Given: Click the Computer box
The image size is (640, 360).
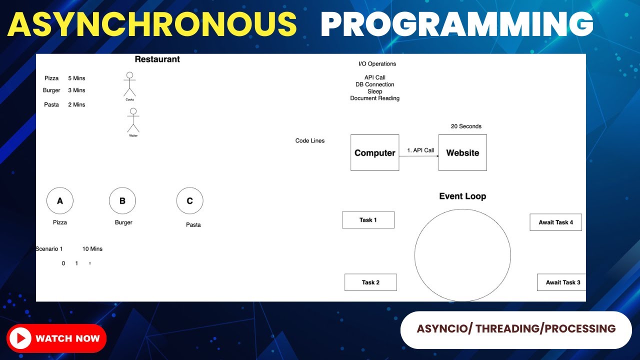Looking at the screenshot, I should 374,152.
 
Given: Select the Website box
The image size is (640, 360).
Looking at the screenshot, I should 462,152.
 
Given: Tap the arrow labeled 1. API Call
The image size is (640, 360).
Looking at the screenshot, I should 419,156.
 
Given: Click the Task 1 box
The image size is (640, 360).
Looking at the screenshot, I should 368,220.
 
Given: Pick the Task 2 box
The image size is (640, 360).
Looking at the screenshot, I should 370,282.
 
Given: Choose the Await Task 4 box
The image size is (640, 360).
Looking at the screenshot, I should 555,222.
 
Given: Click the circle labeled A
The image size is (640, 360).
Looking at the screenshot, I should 60,201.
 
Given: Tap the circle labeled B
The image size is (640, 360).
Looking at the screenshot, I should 122,201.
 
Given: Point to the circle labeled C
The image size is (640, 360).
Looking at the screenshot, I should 189,201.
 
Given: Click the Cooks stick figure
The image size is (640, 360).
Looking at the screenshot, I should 129,84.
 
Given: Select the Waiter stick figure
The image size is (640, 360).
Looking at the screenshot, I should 133,120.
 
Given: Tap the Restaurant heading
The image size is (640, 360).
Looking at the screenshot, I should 157,59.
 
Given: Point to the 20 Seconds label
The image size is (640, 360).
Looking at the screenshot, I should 466,126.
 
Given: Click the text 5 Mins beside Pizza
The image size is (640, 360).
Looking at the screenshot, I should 76,78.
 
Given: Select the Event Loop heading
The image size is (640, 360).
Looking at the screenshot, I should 462,196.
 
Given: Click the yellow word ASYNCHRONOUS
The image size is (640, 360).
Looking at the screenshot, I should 152,24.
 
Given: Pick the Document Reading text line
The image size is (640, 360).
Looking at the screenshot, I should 374,98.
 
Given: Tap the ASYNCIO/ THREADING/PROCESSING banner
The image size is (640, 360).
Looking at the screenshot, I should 516,329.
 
